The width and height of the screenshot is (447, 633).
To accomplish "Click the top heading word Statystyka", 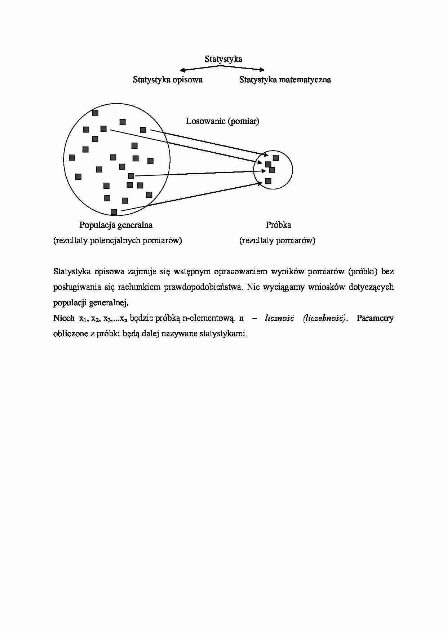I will click(x=223, y=59).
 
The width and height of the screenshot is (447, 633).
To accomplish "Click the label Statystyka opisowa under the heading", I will click(x=168, y=80).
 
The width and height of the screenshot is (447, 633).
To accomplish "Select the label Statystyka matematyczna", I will click(x=285, y=80).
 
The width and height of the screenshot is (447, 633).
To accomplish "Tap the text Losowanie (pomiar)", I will click(x=222, y=121).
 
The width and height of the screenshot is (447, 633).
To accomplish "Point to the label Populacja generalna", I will click(x=116, y=225).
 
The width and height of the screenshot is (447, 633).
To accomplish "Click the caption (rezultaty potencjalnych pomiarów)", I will click(x=118, y=241).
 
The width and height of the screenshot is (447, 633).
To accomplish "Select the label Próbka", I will click(x=278, y=225).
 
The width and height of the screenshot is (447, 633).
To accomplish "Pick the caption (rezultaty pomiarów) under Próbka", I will click(x=277, y=241).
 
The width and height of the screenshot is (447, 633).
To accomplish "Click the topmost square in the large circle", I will click(x=95, y=113).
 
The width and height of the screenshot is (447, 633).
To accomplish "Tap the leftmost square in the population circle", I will click(x=72, y=157).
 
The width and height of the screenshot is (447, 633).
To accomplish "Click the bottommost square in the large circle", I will click(x=114, y=212).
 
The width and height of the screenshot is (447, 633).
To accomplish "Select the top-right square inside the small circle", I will click(x=276, y=158).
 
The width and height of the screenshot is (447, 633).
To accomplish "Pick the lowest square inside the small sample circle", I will click(x=268, y=181).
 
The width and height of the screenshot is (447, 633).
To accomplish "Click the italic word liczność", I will click(x=279, y=318).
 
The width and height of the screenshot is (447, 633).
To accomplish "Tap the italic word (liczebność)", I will click(x=325, y=318).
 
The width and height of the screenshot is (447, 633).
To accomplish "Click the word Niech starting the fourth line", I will click(x=64, y=318).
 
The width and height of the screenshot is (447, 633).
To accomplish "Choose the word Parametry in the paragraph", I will click(x=375, y=318).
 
